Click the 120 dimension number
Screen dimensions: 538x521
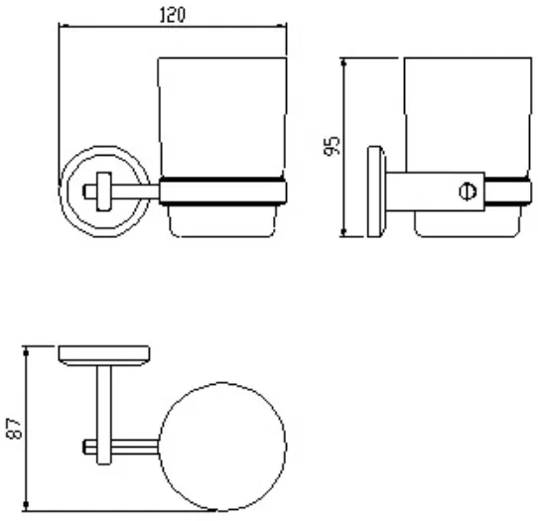tap(173, 15)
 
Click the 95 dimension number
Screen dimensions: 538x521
tap(332, 146)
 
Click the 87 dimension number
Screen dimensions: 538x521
tap(15, 429)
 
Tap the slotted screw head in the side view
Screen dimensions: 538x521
tap(468, 192)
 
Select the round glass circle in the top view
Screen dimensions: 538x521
tap(222, 383)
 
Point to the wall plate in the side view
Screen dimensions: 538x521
tap(376, 192)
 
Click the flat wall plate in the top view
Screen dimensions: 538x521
tap(104, 355)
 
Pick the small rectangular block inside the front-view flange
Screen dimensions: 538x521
tap(103, 192)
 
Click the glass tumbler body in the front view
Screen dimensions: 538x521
tap(222, 117)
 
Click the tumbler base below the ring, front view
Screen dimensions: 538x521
tap(222, 221)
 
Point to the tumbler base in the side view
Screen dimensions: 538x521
tap(468, 223)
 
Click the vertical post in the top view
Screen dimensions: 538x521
tap(104, 415)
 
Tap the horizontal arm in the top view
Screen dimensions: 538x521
tap(121, 447)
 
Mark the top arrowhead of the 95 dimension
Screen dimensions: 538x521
tap(343, 63)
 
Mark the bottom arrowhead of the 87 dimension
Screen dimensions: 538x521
tap(26, 505)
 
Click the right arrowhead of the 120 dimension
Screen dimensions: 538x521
tap(282, 26)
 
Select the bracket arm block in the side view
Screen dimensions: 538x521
tap(435, 192)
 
